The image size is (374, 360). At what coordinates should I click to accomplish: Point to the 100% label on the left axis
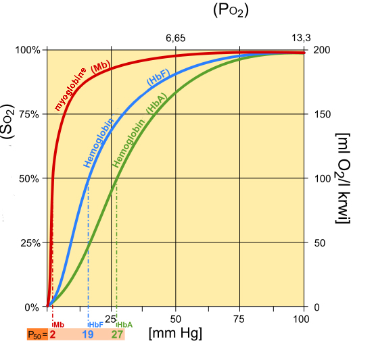tap(28, 50)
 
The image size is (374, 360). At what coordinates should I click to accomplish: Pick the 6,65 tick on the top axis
tap(176, 38)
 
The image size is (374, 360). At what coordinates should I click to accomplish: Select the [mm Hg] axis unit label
tap(175, 334)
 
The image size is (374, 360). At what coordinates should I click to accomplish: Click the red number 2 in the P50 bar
tap(52, 334)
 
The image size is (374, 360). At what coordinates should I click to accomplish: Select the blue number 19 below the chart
tap(88, 334)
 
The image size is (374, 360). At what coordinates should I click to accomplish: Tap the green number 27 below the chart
tap(116, 334)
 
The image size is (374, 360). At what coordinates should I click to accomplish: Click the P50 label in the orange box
tap(34, 334)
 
